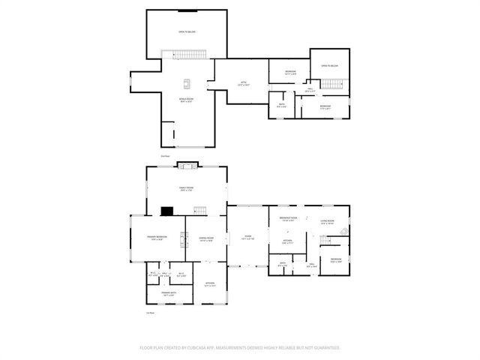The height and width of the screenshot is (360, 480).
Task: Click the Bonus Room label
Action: point(187,99)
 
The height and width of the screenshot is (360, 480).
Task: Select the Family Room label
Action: point(186,188)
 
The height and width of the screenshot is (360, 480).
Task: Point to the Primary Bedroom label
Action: point(157,239)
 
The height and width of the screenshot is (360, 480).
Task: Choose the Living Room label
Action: point(328,221)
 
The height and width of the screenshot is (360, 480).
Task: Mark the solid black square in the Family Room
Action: point(169,211)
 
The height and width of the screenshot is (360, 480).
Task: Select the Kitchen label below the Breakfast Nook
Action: point(287,241)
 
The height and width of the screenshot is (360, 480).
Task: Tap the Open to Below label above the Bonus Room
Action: point(186,32)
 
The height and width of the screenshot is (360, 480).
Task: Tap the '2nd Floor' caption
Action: point(164,156)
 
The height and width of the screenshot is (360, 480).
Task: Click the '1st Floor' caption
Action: point(150,313)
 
